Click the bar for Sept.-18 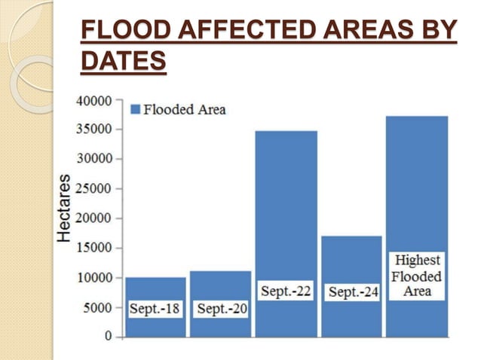point(155,290)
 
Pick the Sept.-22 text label point(286,291)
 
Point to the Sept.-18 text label point(155,309)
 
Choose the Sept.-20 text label point(221,309)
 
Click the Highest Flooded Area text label point(417,276)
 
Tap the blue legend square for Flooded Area point(136,109)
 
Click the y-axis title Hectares point(66,208)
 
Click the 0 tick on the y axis point(108,336)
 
